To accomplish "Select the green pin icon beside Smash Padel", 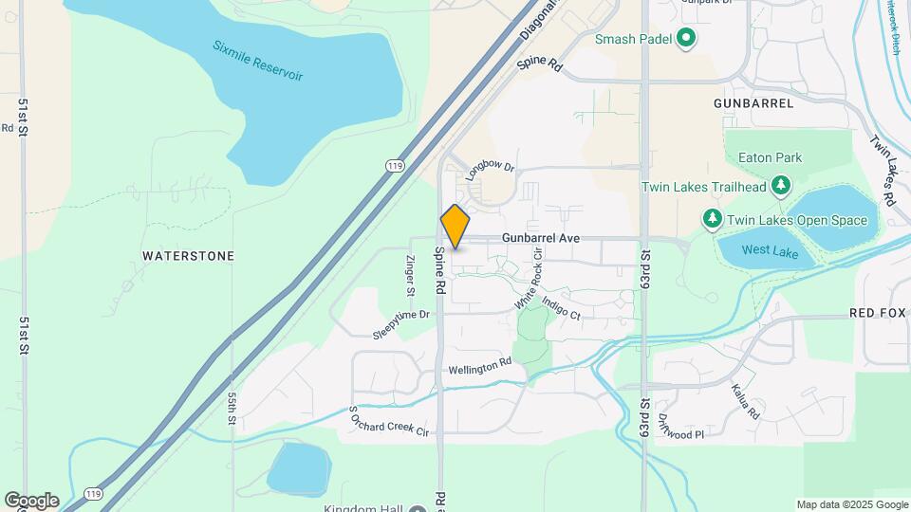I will tap(686, 39).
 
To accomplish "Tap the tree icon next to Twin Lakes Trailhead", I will tap(781, 186).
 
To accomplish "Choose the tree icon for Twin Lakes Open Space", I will tap(713, 220).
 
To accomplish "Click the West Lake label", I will tap(764, 250).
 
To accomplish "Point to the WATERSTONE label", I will tap(188, 256).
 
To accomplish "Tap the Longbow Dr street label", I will tap(490, 168).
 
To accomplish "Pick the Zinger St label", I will tap(410, 274).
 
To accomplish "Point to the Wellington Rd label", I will tap(479, 366).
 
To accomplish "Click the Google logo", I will tap(31, 501).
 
